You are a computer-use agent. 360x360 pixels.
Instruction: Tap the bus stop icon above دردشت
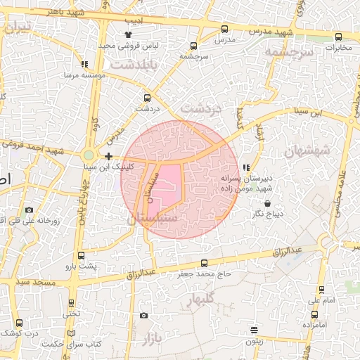(x=147, y=98)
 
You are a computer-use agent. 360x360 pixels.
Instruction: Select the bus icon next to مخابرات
(x=338, y=37)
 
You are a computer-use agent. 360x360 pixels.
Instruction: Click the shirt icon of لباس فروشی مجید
(x=128, y=34)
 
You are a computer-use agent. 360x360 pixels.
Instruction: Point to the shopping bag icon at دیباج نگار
(x=268, y=204)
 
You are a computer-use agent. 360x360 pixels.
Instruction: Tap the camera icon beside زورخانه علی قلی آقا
(x=29, y=210)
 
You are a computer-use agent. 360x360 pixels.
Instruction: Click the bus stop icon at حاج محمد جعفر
(x=205, y=262)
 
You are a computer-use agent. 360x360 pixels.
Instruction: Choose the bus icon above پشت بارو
(x=81, y=255)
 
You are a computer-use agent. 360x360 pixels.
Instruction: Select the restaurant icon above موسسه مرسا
(x=85, y=64)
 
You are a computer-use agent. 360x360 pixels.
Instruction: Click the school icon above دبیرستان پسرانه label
(x=245, y=167)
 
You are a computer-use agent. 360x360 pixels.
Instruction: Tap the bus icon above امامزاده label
(x=314, y=314)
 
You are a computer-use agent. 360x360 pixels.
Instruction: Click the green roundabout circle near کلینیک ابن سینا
(x=89, y=155)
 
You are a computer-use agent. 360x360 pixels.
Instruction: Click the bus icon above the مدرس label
(x=224, y=29)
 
